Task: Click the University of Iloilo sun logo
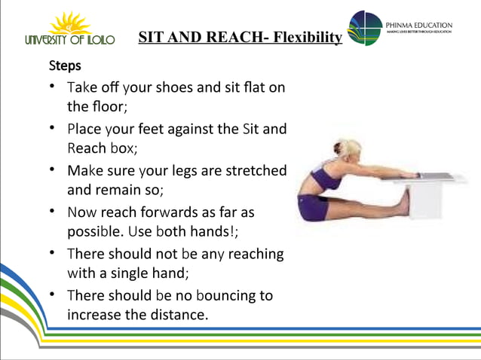click(68, 22)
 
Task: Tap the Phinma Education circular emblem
click(366, 28)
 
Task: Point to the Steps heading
click(65, 66)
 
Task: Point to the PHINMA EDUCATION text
click(418, 23)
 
